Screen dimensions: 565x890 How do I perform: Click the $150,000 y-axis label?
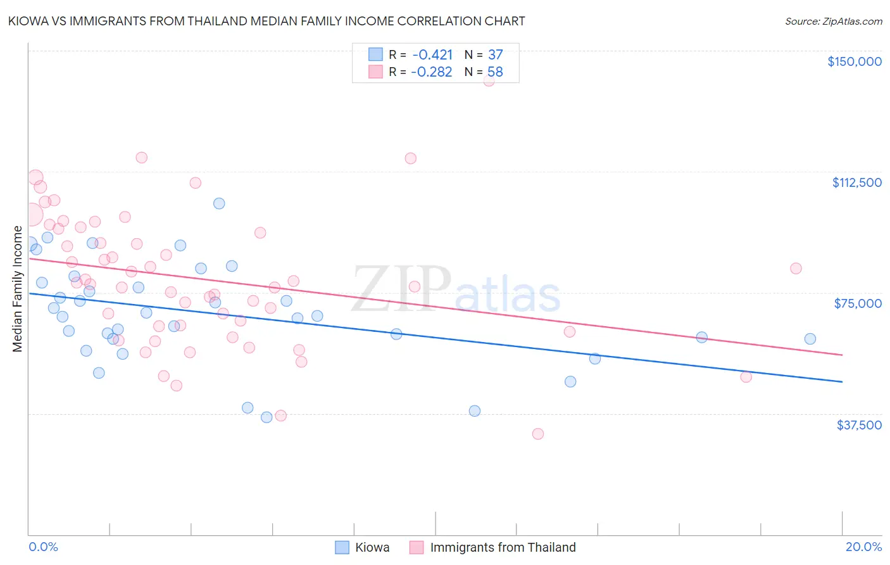tap(854, 61)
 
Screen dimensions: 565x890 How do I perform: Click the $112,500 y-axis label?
tap(856, 182)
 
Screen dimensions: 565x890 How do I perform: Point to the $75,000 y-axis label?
tap(858, 303)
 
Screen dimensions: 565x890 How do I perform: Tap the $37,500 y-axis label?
tap(859, 425)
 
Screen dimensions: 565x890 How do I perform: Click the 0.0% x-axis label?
tap(43, 547)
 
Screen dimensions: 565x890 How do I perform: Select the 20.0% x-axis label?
tap(863, 547)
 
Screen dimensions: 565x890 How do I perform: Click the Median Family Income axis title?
tap(18, 289)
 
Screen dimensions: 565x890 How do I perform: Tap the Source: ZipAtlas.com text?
tap(833, 22)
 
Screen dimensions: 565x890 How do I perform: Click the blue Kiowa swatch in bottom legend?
tap(342, 547)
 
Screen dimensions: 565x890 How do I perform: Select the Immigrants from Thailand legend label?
tap(503, 547)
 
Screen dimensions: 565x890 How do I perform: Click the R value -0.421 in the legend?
tap(432, 54)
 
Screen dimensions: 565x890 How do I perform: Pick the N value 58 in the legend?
tap(495, 72)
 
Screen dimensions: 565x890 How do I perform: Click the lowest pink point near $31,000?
tap(538, 434)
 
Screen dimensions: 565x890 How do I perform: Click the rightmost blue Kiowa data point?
tap(810, 339)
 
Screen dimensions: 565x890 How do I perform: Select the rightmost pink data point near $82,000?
tap(796, 269)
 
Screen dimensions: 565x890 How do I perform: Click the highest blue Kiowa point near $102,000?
tap(219, 203)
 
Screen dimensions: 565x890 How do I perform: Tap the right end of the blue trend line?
tap(842, 382)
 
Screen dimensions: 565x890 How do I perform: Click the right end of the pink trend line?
tap(842, 355)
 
